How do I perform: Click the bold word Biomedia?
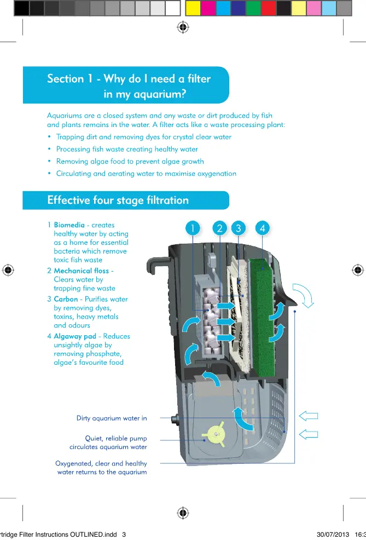69,225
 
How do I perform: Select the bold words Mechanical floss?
81,271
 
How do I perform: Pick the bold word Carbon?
66,300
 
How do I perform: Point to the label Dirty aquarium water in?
112,418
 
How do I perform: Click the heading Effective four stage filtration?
118,200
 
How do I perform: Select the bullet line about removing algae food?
130,162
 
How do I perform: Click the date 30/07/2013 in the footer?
333,535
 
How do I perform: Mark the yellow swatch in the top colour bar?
193,8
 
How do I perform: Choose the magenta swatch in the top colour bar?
208,8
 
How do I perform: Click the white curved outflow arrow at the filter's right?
303,295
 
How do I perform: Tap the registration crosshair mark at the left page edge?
8,269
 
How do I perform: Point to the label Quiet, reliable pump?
115,438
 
